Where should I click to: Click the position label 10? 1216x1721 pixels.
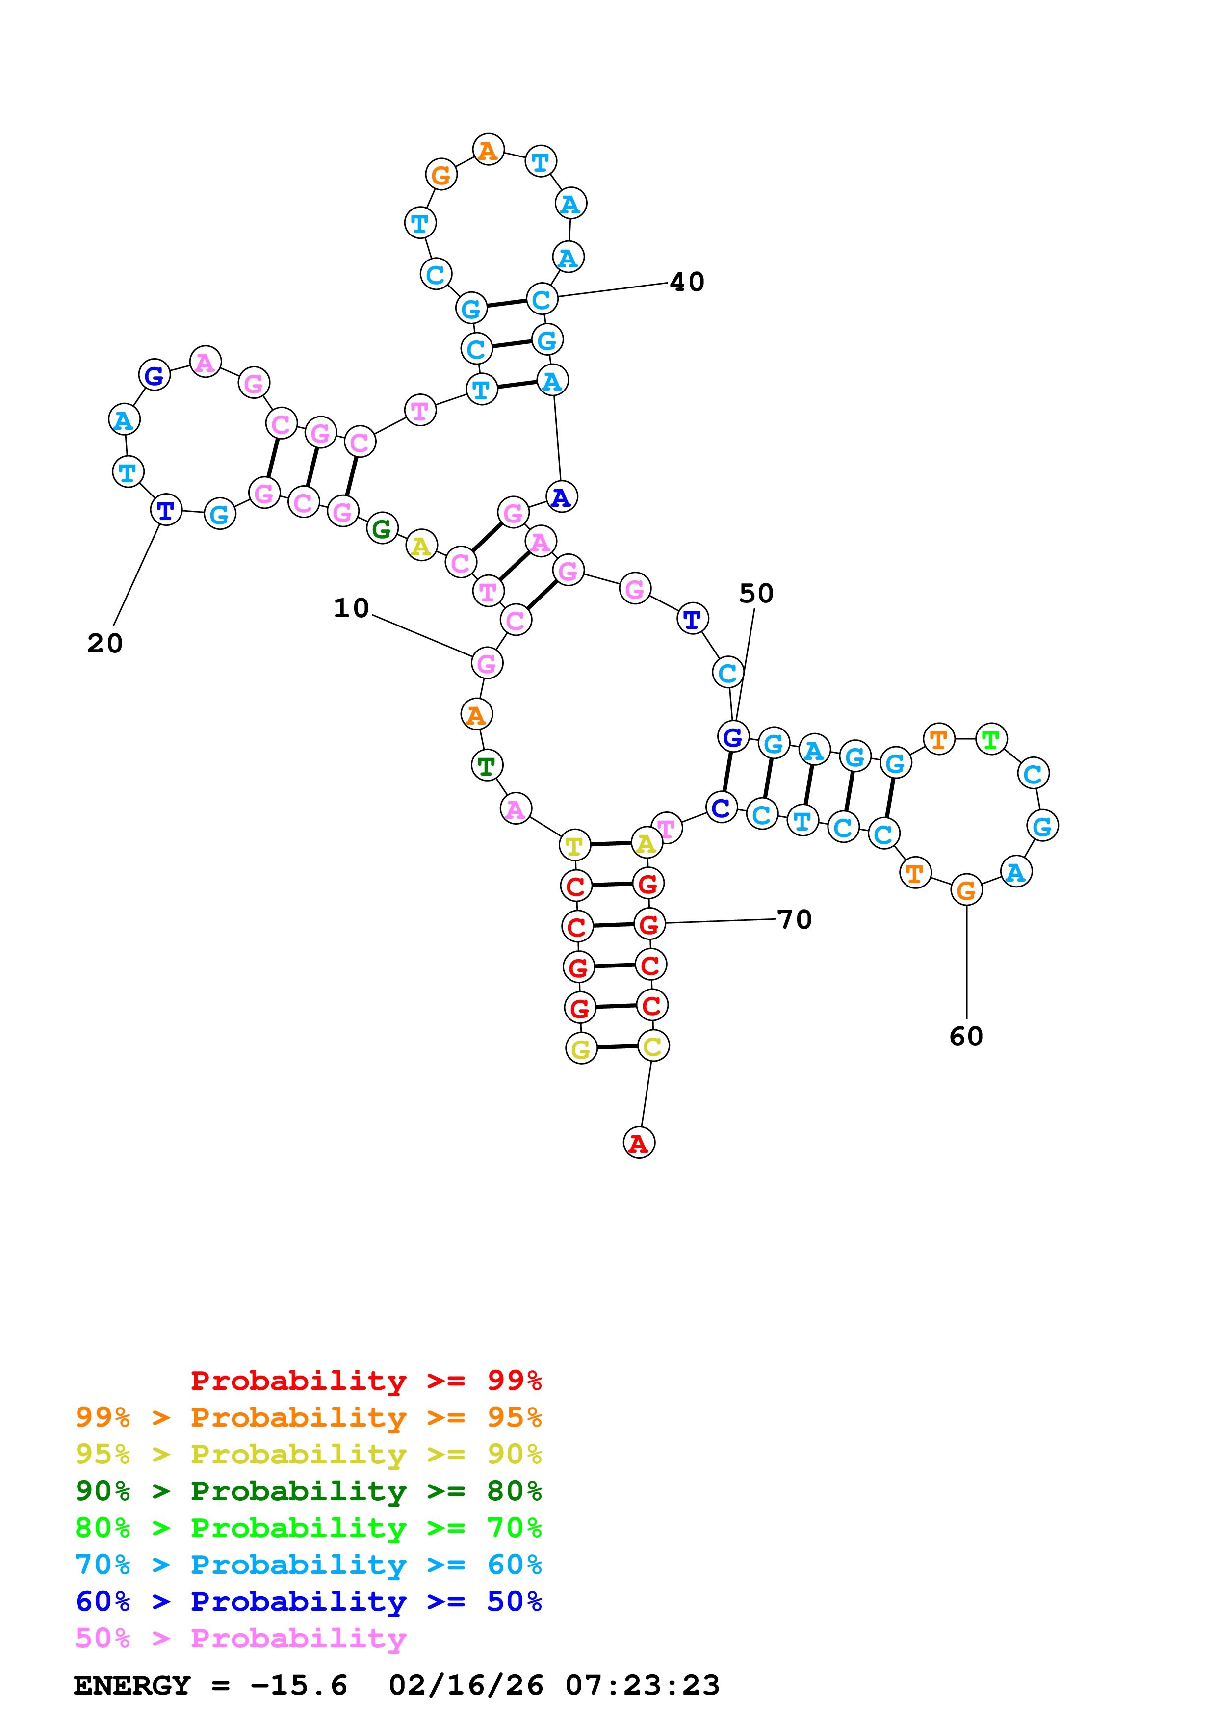coord(351,608)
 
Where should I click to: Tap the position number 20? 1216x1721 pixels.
coord(105,643)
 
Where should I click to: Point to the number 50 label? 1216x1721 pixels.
coord(756,593)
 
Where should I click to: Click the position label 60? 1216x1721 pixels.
coord(966,1037)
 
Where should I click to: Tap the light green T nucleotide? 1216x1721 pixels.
coord(990,740)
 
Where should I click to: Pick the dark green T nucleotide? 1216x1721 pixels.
coord(486,766)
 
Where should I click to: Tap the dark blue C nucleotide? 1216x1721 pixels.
coord(721,808)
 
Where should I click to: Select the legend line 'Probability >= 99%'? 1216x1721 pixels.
coord(365,1381)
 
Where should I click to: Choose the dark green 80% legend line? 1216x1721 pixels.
coord(308,1491)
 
